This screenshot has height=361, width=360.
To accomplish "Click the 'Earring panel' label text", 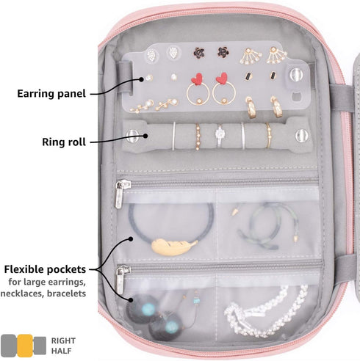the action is click(51, 94).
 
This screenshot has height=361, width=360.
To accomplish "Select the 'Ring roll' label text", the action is click(64, 142).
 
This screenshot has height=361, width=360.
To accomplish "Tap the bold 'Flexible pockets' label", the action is click(45, 269).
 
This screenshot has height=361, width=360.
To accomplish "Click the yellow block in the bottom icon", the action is click(25, 346).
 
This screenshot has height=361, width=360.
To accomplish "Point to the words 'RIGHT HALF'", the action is click(63, 346).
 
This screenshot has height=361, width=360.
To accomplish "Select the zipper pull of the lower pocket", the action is click(121, 279).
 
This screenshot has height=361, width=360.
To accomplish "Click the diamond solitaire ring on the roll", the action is click(220, 135).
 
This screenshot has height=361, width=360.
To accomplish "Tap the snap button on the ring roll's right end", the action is click(302, 135).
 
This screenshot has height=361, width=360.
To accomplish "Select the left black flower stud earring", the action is click(199, 53).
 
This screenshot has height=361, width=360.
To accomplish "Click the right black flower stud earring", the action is click(223, 52).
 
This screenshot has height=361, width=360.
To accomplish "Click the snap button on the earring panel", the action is click(296, 75).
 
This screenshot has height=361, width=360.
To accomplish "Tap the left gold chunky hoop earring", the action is click(251, 108).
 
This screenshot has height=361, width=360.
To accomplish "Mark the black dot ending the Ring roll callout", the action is click(145, 136).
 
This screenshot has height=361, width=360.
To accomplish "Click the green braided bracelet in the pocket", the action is click(267, 225).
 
